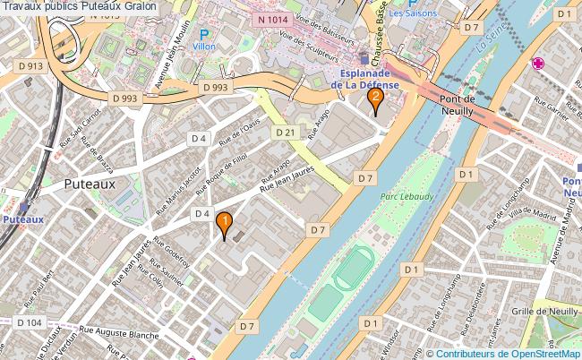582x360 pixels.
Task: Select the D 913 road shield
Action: [30, 65]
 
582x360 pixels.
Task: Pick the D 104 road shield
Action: [29, 322]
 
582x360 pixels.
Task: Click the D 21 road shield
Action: [286, 132]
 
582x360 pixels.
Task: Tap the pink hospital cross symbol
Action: [538, 63]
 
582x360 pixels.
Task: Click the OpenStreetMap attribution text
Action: [501, 353]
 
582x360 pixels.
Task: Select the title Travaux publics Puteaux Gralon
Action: [79, 6]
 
